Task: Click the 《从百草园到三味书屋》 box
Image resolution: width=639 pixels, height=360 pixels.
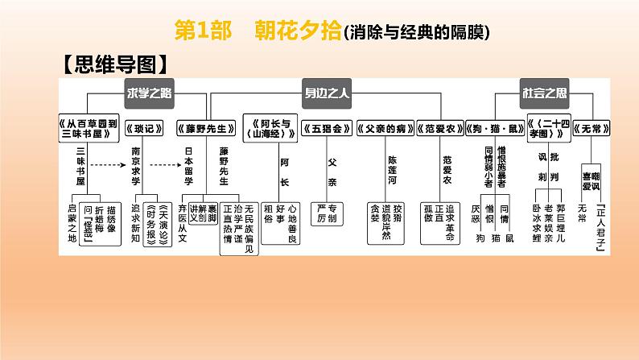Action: (x=89, y=126)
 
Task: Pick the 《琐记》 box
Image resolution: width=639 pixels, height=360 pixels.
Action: (x=147, y=126)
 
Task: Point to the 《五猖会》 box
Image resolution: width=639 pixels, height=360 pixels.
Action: (x=332, y=126)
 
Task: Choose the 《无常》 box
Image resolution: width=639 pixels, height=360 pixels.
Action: (x=599, y=126)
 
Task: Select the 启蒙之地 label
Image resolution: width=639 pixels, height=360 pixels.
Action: (x=79, y=216)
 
